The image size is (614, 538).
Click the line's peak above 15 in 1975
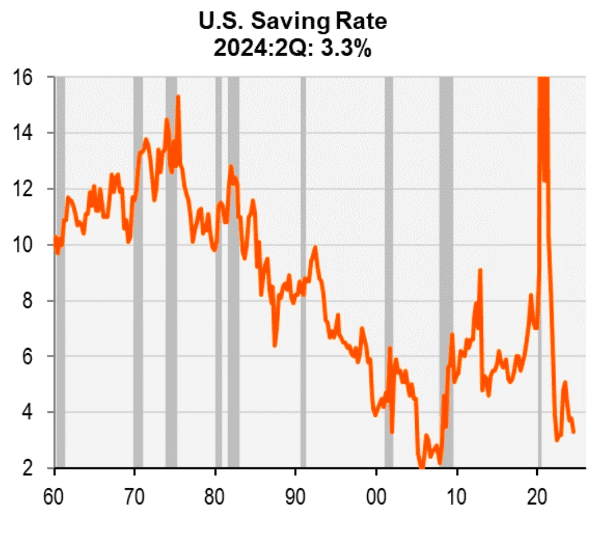tap(178, 97)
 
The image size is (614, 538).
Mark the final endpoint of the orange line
tap(574, 432)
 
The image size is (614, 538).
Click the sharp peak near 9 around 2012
tap(480, 270)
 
